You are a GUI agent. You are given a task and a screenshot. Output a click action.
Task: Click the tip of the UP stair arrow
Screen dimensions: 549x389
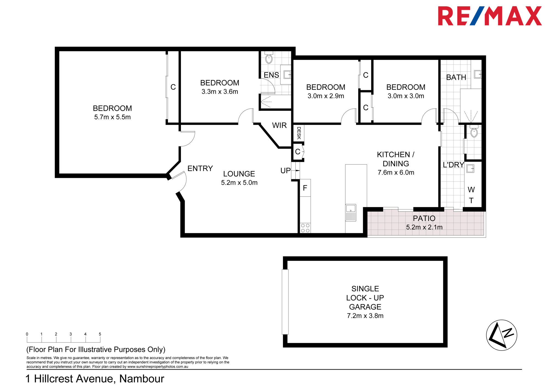point(299,170)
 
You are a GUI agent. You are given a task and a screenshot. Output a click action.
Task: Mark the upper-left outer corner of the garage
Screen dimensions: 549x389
point(283,257)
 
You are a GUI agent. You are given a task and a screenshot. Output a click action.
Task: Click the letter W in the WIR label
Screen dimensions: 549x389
point(275,125)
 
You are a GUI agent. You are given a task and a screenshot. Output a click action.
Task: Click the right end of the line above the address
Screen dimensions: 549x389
point(522,369)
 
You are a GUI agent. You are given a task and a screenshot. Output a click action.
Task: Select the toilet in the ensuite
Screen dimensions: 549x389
point(269,57)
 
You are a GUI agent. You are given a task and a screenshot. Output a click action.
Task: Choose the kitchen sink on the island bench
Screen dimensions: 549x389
point(351,213)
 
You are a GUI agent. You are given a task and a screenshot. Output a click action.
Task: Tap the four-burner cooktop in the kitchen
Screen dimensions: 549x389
point(305,228)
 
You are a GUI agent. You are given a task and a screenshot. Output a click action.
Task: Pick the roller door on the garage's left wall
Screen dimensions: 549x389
point(285,302)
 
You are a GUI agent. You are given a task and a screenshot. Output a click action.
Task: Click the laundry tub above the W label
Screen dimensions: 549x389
point(470,168)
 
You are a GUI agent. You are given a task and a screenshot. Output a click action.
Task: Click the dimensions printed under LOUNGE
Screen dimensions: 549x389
point(239,183)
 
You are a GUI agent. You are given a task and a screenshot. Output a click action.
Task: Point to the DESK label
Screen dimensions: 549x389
point(299,133)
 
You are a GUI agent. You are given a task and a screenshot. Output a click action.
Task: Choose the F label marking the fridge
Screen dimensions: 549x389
point(305,188)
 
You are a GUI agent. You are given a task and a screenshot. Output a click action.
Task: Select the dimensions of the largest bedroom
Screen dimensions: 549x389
point(113,117)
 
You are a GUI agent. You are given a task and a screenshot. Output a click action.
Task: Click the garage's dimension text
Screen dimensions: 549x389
point(365,316)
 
